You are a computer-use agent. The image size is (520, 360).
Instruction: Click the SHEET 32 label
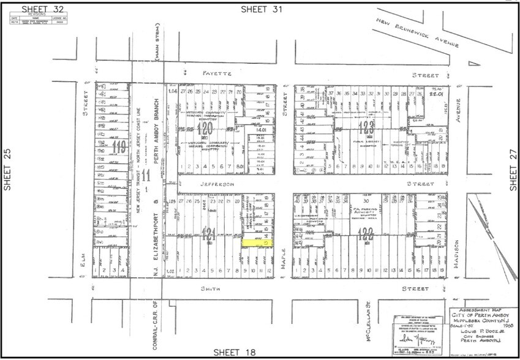point(42,9)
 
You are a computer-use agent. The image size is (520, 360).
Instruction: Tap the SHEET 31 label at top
point(262,9)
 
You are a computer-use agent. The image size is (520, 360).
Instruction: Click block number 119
point(119,146)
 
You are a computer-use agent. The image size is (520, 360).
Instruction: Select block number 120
point(205,128)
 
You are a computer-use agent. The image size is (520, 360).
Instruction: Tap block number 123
point(367,127)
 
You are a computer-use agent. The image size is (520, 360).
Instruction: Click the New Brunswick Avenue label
point(421,34)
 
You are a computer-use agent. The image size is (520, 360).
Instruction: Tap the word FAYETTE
point(207,74)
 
